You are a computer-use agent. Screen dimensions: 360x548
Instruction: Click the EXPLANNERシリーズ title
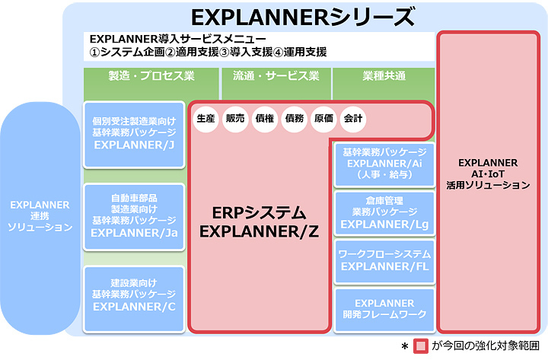(303, 17)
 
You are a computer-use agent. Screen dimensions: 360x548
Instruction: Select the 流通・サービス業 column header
(276, 76)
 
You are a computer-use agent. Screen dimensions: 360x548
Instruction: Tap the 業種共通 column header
(384, 76)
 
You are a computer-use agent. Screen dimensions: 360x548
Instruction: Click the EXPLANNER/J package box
(134, 135)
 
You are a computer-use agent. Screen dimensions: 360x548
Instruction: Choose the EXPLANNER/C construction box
(134, 294)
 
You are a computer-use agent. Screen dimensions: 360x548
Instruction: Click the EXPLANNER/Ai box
(384, 163)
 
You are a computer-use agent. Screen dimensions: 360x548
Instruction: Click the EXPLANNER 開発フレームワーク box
(384, 308)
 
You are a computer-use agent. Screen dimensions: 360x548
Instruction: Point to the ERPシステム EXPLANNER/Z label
(259, 222)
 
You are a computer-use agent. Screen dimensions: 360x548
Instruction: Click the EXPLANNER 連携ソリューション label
(39, 216)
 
